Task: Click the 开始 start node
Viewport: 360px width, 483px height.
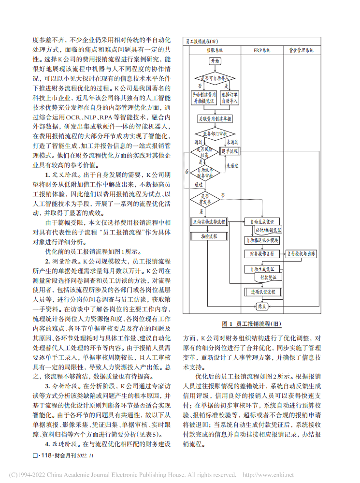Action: pyautogui.click(x=215, y=61)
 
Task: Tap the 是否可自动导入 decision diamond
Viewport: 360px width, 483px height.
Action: pyautogui.click(x=215, y=77)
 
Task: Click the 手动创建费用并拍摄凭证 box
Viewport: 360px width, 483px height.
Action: pyautogui.click(x=203, y=98)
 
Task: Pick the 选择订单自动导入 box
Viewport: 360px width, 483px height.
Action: pyautogui.click(x=230, y=98)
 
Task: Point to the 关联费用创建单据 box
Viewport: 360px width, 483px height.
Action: pyautogui.click(x=215, y=118)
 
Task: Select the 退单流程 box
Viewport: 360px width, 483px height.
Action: pyautogui.click(x=230, y=151)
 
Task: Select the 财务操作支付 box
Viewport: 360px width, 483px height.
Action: pyautogui.click(x=261, y=253)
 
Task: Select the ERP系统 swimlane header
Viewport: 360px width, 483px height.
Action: pyautogui.click(x=262, y=50)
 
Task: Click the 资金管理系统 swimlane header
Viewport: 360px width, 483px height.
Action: pyautogui.click(x=301, y=50)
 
